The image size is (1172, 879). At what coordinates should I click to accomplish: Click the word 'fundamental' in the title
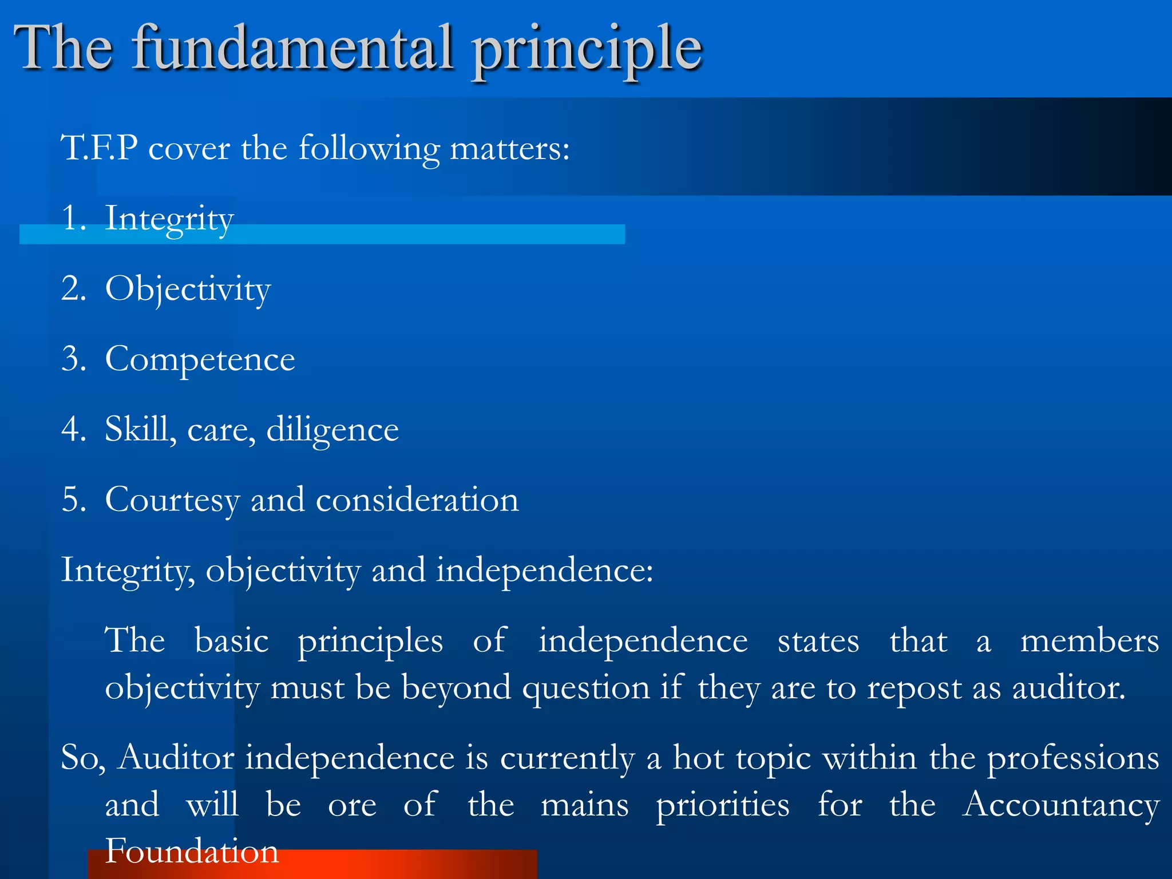coord(293,49)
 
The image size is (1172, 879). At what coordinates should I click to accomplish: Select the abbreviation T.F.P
coord(99,148)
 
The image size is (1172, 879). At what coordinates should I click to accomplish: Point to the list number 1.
coord(73,219)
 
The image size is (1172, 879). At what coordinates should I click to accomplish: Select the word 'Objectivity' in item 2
coord(188,290)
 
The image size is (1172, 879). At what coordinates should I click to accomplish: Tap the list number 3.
coord(73,359)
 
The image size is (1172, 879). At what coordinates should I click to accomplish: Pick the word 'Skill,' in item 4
coord(140,429)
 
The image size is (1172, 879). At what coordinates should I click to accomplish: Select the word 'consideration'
coord(417,500)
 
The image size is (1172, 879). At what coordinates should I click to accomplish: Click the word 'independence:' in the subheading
coord(544,571)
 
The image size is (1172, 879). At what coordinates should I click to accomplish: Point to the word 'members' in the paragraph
coord(1089,641)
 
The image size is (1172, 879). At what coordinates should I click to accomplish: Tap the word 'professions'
coord(1073,759)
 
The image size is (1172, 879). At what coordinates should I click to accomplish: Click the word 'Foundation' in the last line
coord(192,851)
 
